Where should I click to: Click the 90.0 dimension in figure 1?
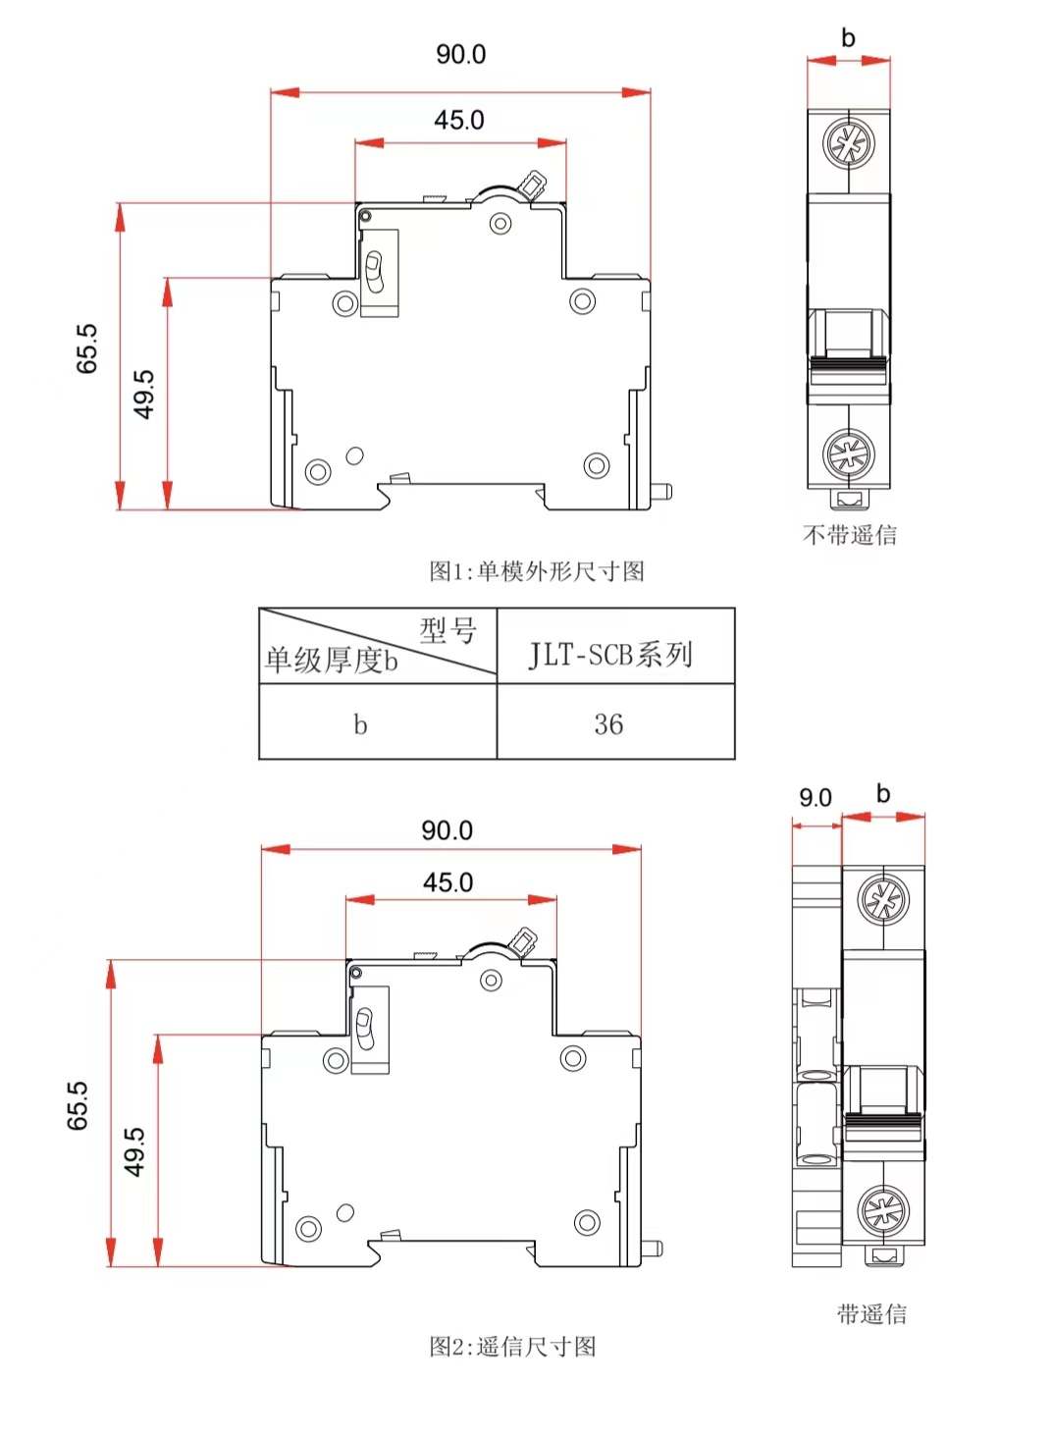pos(460,55)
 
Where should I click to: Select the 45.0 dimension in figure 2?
pos(447,882)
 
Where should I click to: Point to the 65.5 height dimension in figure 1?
pos(87,348)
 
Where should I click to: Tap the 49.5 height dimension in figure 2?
pos(134,1151)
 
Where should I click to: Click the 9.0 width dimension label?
pos(815,798)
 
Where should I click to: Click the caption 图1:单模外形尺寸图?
pos(537,571)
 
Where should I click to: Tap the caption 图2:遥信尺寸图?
pos(512,1347)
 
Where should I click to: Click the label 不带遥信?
pos(850,535)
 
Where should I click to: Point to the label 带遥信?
pos(871,1314)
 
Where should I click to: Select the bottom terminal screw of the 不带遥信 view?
pos(848,453)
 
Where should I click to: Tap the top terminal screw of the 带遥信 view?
pos(883,900)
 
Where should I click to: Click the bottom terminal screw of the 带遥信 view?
pos(883,1210)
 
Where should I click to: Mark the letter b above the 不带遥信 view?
pos(849,38)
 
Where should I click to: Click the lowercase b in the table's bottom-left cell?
pos(360,724)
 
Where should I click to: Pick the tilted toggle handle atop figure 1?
pos(534,185)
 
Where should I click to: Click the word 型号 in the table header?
pos(448,630)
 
